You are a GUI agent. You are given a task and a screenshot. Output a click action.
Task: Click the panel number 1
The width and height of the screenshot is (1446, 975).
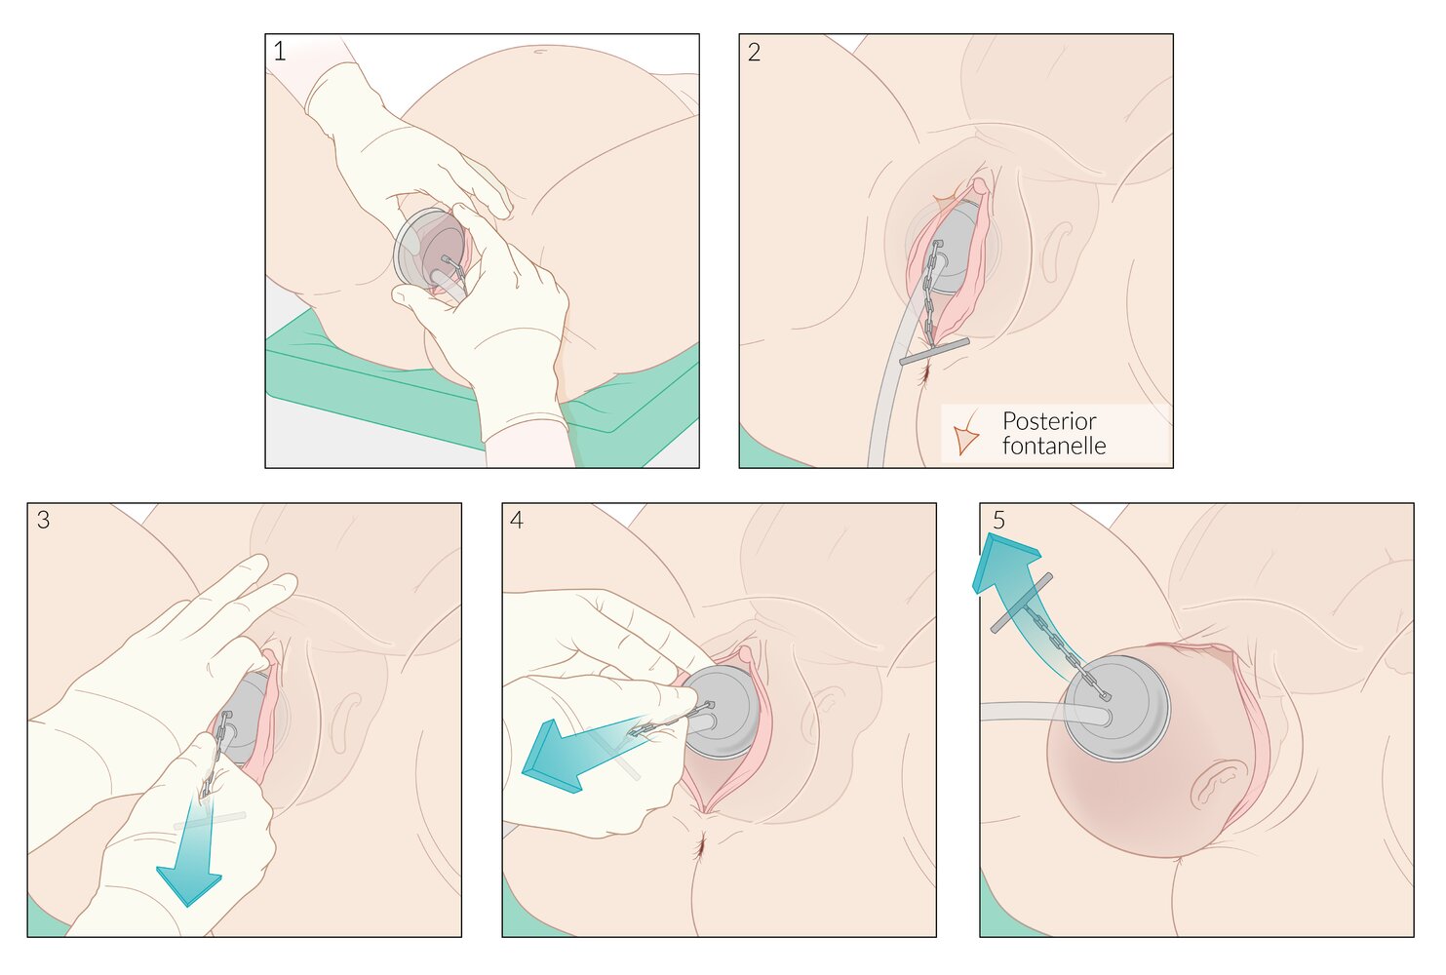pyautogui.click(x=280, y=51)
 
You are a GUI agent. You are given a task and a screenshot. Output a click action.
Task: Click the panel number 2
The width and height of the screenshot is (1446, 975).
pyautogui.click(x=754, y=52)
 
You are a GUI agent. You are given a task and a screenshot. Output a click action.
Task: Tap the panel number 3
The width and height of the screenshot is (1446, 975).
pyautogui.click(x=43, y=521)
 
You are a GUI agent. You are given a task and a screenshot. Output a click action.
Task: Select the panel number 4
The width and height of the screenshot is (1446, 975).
pyautogui.click(x=517, y=521)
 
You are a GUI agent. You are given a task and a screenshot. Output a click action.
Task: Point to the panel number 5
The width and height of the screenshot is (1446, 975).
pyautogui.click(x=998, y=521)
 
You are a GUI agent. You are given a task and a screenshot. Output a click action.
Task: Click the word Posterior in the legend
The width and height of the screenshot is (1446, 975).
pyautogui.click(x=1049, y=421)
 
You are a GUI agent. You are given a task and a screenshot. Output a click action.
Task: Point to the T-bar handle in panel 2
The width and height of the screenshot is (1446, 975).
pyautogui.click(x=934, y=352)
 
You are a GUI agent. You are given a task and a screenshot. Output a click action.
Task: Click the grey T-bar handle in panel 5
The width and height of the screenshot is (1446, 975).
pyautogui.click(x=1022, y=604)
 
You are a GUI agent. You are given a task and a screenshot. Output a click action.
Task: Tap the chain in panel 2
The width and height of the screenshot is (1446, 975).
pyautogui.click(x=930, y=292)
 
